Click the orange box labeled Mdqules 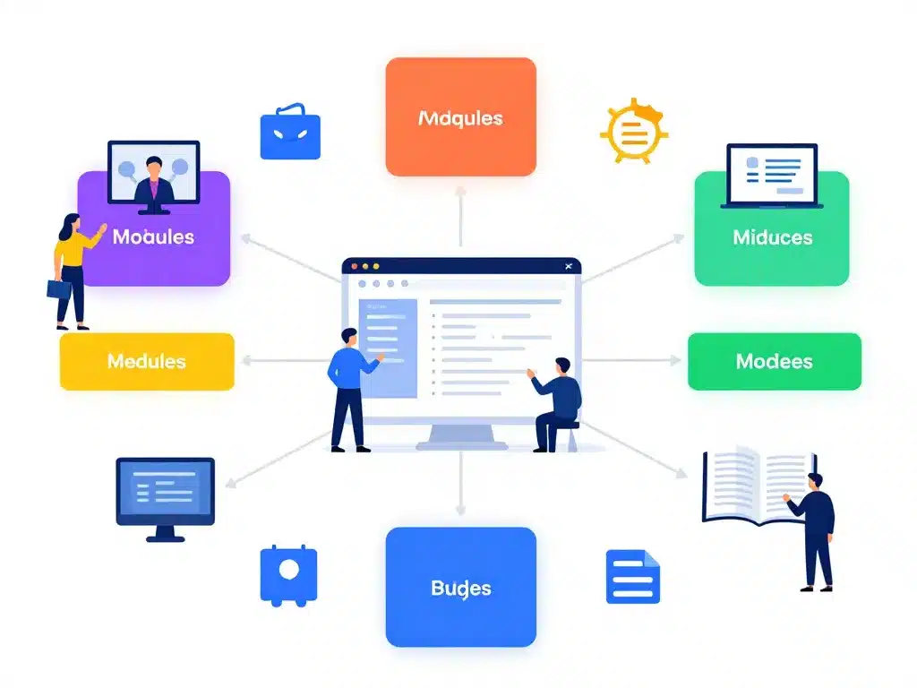pos(460,116)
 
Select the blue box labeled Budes pos(460,587)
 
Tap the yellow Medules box pos(147,361)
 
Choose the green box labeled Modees pos(774,361)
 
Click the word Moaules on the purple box pos(153,236)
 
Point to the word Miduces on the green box pos(772,237)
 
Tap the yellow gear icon pos(632,133)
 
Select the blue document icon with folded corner pos(632,576)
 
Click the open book pos(748,486)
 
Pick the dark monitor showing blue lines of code pos(166,495)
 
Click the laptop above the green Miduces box pos(771,176)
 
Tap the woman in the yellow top pos(73,269)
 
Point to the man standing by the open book pos(814,529)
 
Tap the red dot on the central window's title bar pos(355,266)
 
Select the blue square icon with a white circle pos(288,572)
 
